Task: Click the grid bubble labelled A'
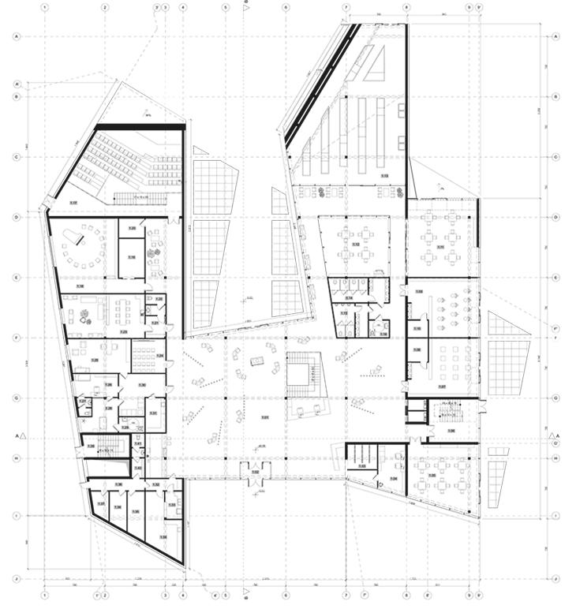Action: coord(16,84)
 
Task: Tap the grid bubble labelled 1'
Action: coord(97,595)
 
